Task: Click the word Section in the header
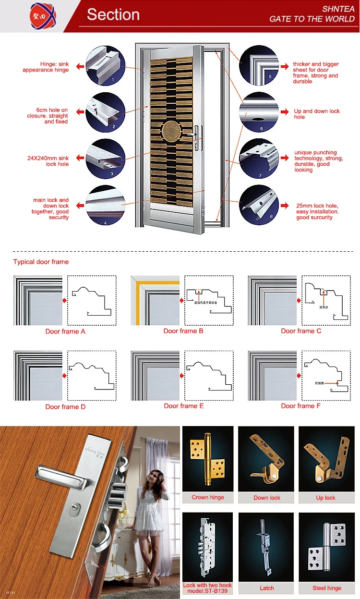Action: point(113,15)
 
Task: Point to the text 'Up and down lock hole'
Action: point(317,114)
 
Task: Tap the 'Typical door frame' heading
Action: point(41,262)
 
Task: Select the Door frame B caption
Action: point(183,331)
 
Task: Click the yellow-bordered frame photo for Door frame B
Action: point(155,300)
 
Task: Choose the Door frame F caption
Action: point(301,406)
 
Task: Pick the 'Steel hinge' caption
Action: point(326,588)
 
